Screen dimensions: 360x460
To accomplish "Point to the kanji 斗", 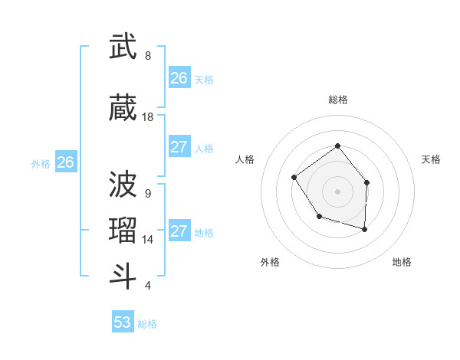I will [x=123, y=276].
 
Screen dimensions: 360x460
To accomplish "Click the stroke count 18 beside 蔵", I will [x=148, y=117].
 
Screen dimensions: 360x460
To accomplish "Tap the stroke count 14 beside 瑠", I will [x=148, y=240].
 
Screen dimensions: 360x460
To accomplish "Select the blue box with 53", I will [x=123, y=322].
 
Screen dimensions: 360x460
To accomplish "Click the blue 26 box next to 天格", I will [x=179, y=78].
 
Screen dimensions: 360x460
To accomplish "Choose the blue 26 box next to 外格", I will [x=66, y=162].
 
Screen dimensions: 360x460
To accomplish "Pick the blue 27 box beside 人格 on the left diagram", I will [x=179, y=147].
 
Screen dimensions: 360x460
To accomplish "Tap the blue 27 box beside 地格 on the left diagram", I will [x=179, y=231].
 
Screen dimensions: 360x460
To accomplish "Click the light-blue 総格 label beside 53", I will [x=147, y=324].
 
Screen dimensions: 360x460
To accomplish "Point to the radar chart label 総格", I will [x=337, y=100].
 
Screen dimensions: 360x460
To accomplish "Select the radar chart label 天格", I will [x=431, y=159].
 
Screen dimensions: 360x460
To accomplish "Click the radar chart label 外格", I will [x=270, y=262].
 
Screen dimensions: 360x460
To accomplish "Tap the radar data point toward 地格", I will [x=365, y=229].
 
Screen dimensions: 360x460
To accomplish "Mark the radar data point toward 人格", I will [x=295, y=178].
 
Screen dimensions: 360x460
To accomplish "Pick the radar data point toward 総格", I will [x=337, y=146].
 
